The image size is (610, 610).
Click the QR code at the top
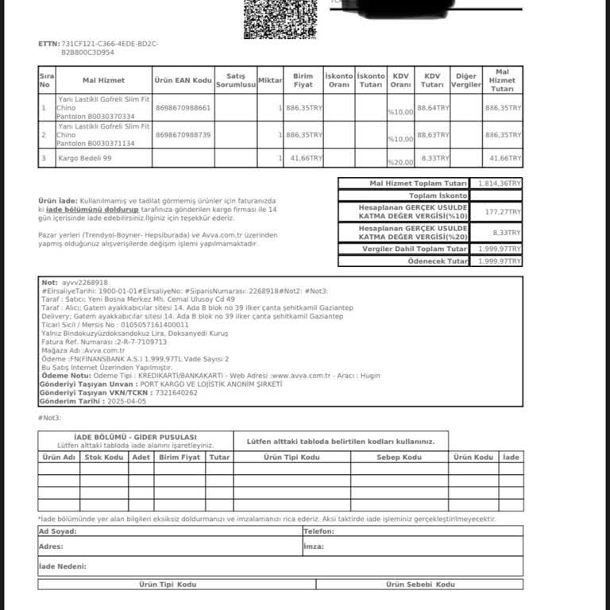[x=273, y=17]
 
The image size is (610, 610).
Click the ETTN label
[x=48, y=44]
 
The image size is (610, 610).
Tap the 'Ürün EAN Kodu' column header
[x=183, y=80]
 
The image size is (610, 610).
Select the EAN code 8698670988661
[x=183, y=107]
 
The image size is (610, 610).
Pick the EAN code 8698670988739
[x=183, y=135]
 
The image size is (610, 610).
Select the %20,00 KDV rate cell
[x=401, y=162]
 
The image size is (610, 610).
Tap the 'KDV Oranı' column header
[x=401, y=80]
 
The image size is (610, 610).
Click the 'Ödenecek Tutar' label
[x=438, y=261]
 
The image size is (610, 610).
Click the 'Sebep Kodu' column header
[x=400, y=457]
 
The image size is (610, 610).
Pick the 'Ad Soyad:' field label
[x=58, y=531]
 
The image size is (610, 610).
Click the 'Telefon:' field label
[x=319, y=531]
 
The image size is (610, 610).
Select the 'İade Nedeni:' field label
[x=63, y=566]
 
